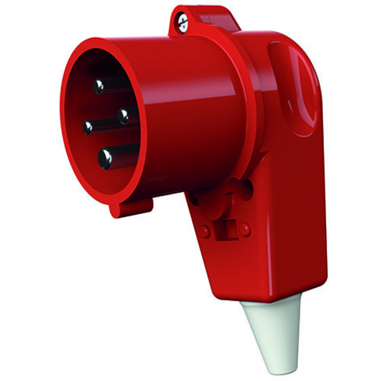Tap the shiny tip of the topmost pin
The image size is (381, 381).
click(x=99, y=87)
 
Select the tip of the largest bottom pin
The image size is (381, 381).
click(x=105, y=158)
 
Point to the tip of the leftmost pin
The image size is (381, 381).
click(x=88, y=127)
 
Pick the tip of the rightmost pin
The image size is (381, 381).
click(x=123, y=116)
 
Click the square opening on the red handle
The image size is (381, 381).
click(x=226, y=229)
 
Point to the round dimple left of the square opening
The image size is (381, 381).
click(x=205, y=231)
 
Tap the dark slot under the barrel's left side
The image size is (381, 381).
click(x=194, y=200)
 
